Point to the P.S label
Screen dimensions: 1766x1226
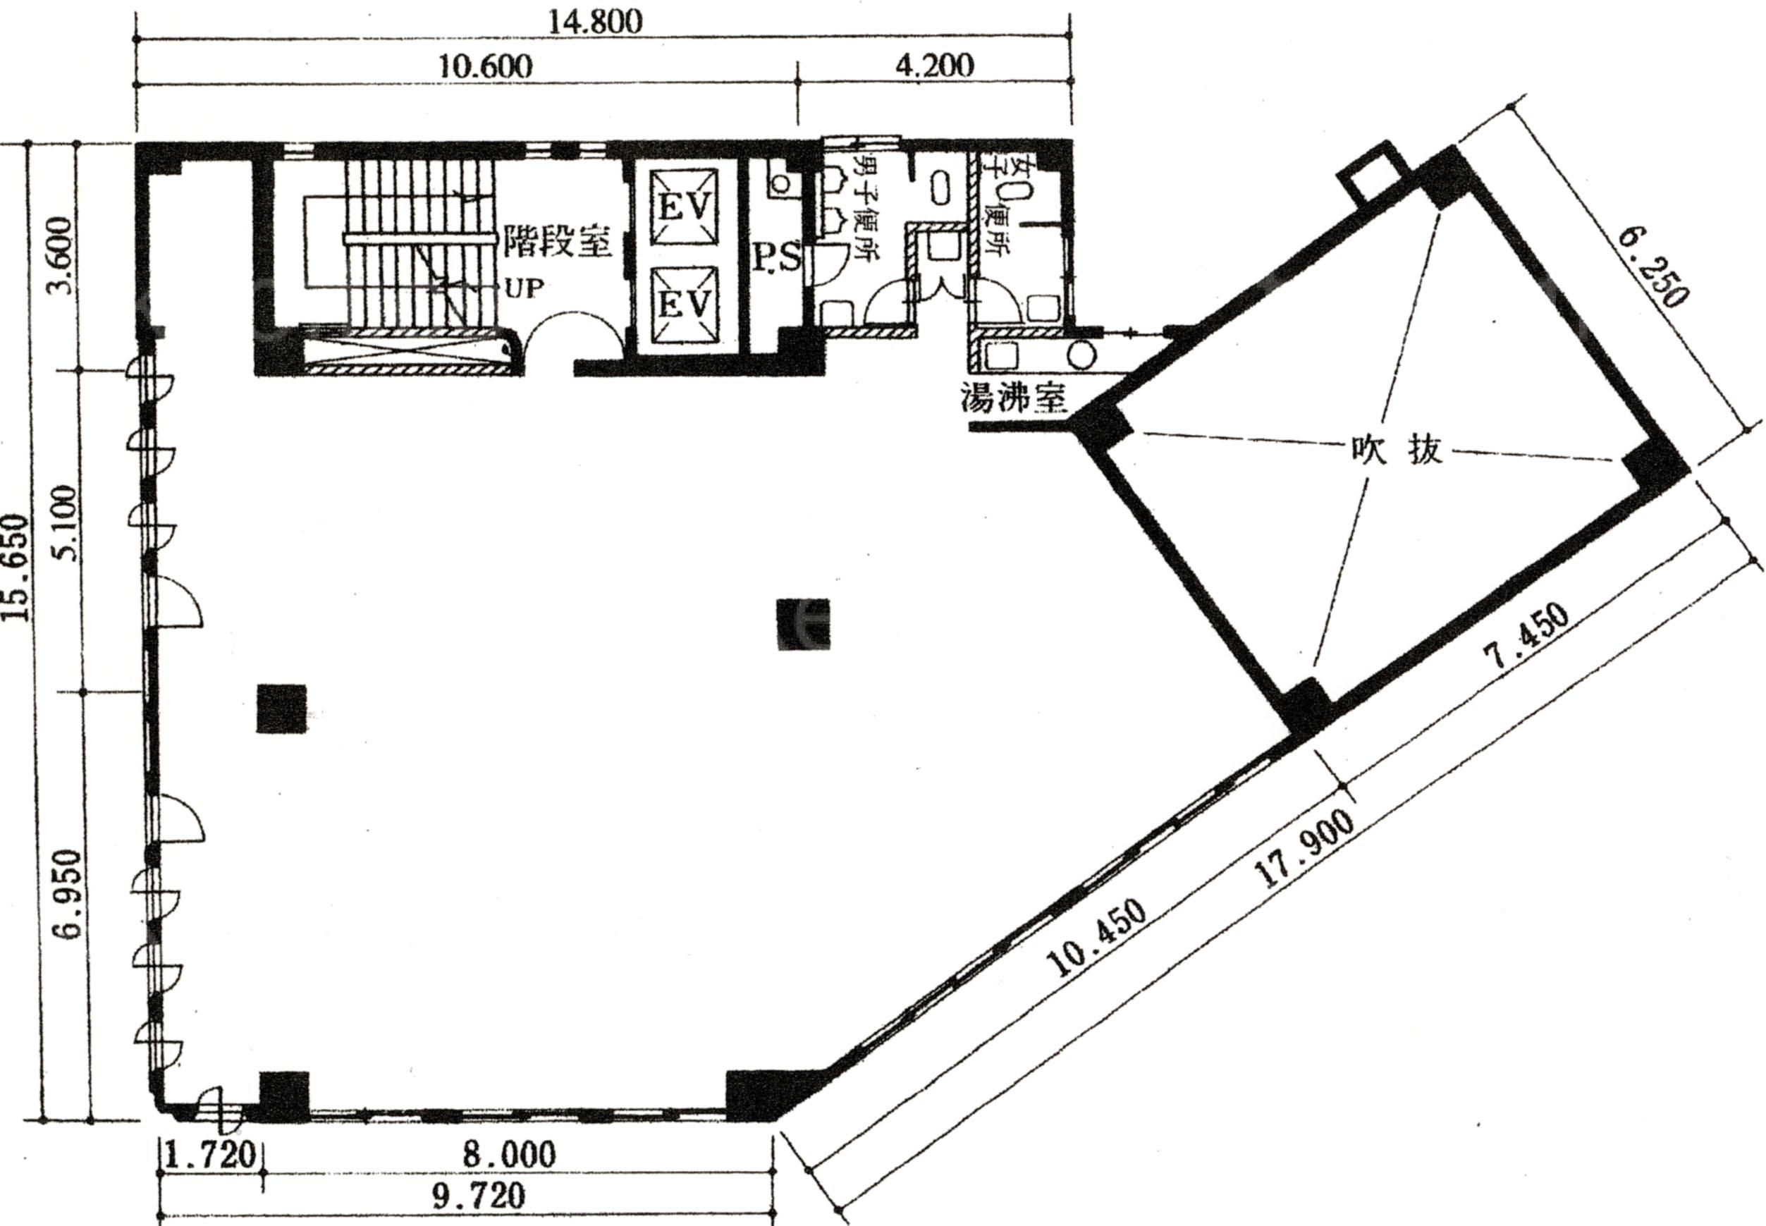(776, 258)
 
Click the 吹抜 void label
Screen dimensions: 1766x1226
(1397, 451)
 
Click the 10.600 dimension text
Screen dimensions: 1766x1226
(485, 66)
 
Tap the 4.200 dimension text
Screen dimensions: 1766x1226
(935, 66)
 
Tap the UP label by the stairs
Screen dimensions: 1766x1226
(524, 289)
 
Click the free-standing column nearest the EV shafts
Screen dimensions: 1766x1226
(804, 623)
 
